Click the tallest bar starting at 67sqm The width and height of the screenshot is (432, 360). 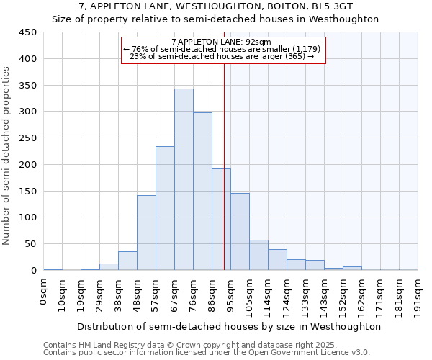pyautogui.click(x=184, y=180)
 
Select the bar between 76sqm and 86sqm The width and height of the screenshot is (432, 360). pyautogui.click(x=202, y=192)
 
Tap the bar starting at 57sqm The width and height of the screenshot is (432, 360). pyautogui.click(x=165, y=209)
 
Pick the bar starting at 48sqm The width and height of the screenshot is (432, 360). pyautogui.click(x=146, y=233)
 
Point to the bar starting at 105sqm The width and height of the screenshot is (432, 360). pyautogui.click(x=258, y=255)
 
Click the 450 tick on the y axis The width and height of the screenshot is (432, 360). pyautogui.click(x=28, y=32)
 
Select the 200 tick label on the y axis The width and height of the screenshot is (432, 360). pyautogui.click(x=28, y=165)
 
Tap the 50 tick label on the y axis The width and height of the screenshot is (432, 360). pyautogui.click(x=31, y=244)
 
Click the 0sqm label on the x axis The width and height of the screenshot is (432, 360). pyautogui.click(x=44, y=291)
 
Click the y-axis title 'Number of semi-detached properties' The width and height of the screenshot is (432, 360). pyautogui.click(x=6, y=155)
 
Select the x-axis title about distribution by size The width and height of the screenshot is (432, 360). pyautogui.click(x=228, y=326)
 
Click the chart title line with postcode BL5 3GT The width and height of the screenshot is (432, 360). pyautogui.click(x=215, y=6)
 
